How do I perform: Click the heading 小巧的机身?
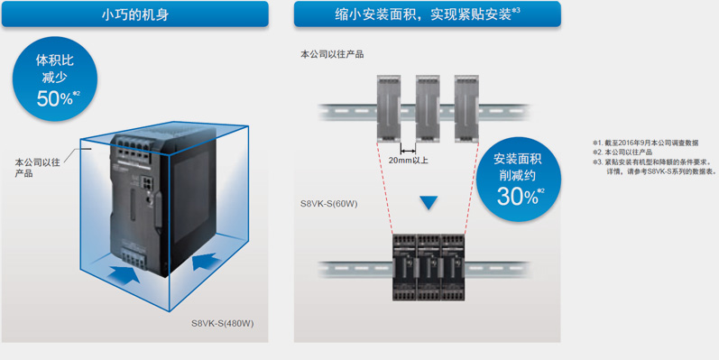(x=134, y=14)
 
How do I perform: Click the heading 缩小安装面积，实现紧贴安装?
(x=423, y=14)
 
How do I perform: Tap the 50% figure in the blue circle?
(x=54, y=98)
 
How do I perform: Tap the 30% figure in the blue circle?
(x=517, y=197)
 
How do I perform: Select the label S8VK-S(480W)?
(x=223, y=324)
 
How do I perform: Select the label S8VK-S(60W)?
(x=328, y=204)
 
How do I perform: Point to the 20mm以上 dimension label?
(x=408, y=161)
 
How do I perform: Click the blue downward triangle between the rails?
(x=429, y=203)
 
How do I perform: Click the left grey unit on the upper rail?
(x=389, y=107)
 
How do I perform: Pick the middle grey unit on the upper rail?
(x=428, y=107)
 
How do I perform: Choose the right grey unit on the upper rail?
(x=466, y=107)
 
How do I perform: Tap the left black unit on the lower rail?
(x=404, y=268)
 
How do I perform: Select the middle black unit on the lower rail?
(x=429, y=268)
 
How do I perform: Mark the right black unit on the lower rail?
(x=453, y=268)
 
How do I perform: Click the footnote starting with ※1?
(x=646, y=143)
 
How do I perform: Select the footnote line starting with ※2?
(x=622, y=152)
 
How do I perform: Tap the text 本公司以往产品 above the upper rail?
(x=332, y=54)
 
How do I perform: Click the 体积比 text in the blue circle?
(x=54, y=60)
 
